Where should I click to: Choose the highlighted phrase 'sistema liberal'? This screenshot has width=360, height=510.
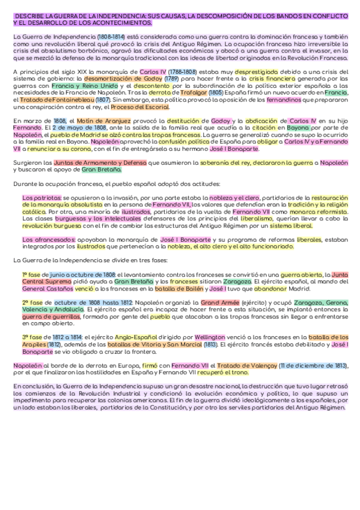point(289,226)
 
